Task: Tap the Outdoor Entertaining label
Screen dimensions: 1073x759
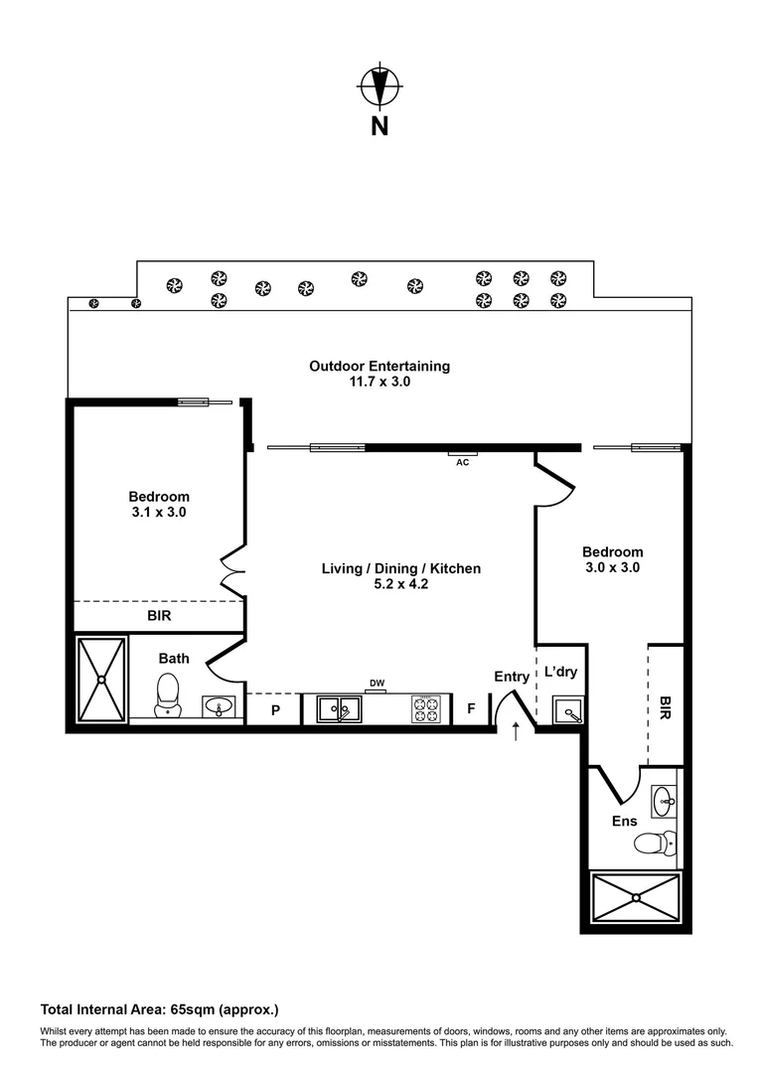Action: (x=379, y=366)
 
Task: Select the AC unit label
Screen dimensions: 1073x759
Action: (x=462, y=462)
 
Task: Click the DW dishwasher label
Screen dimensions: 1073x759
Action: (x=377, y=683)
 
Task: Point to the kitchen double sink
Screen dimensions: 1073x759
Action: (x=339, y=709)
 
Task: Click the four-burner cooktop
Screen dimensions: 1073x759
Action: (x=426, y=709)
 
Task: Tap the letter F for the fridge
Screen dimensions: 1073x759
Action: (x=471, y=710)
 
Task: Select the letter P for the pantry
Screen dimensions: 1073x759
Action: (x=275, y=710)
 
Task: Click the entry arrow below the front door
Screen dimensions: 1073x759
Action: (x=516, y=733)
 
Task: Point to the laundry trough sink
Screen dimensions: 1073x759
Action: (x=567, y=710)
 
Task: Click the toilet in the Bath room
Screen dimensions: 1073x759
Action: (x=168, y=692)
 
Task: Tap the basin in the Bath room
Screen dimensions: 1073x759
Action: (x=219, y=706)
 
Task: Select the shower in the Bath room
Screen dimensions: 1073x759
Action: (x=102, y=680)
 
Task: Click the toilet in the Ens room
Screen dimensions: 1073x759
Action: (x=655, y=843)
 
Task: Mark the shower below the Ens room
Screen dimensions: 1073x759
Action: (x=635, y=898)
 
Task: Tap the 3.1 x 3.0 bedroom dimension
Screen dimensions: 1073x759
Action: (x=158, y=513)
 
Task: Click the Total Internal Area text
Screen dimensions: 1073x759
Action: (x=159, y=1007)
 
